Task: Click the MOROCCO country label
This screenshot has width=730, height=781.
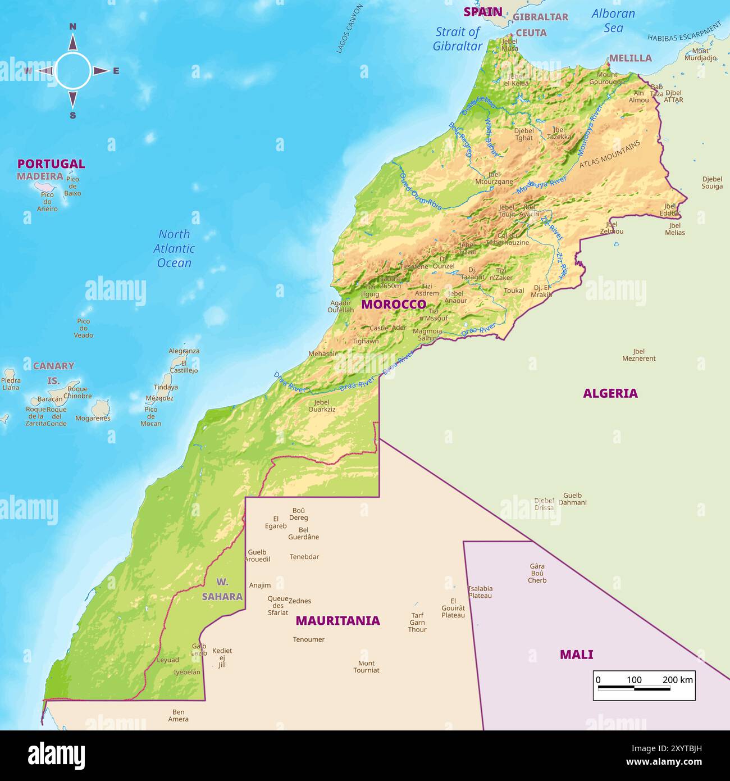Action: pos(393,305)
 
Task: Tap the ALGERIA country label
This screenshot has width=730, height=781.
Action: pos(610,393)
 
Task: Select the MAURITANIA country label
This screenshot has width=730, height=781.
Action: pos(337,620)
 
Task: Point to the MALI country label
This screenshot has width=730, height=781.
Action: pos(576,655)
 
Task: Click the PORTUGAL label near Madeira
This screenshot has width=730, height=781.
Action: pos(51,164)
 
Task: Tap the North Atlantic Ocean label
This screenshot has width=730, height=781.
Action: pos(174,248)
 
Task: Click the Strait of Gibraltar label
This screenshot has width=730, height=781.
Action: pos(458,39)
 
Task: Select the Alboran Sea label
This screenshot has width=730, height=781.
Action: pos(613,21)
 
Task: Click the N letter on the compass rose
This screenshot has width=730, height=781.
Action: pos(72,26)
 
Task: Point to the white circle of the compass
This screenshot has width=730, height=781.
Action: pos(73,71)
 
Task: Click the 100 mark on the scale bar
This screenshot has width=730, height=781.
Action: pos(634,680)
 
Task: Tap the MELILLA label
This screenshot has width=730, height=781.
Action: pos(630,58)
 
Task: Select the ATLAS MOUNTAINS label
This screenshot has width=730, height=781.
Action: pos(609,154)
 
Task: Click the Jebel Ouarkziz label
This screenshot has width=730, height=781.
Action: pos(322,406)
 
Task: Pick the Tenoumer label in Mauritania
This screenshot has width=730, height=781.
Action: pos(308,639)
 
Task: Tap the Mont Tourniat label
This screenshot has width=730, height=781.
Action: pos(366,667)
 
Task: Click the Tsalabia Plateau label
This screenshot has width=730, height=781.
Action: pos(480,592)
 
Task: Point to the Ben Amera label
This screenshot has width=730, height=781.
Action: pos(178,716)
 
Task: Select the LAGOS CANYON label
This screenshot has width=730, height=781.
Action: pos(349,29)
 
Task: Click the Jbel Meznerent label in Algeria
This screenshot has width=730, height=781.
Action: pos(638,355)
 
